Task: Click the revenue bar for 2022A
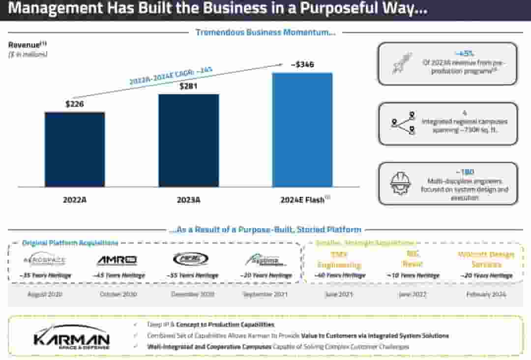click(75, 150)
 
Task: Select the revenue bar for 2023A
click(188, 141)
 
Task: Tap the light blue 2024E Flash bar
click(302, 130)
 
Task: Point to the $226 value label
click(75, 104)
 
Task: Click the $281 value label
click(188, 86)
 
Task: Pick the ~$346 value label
click(302, 64)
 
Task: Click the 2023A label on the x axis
click(188, 200)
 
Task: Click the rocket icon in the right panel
click(402, 63)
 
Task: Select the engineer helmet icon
click(401, 183)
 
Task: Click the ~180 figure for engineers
click(464, 172)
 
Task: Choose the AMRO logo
click(117, 261)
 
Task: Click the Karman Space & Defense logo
click(72, 336)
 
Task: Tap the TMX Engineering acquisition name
click(339, 260)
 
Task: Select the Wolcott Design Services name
click(486, 259)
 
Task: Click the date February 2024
click(486, 294)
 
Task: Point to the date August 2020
click(44, 294)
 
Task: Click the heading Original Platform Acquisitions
click(70, 243)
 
